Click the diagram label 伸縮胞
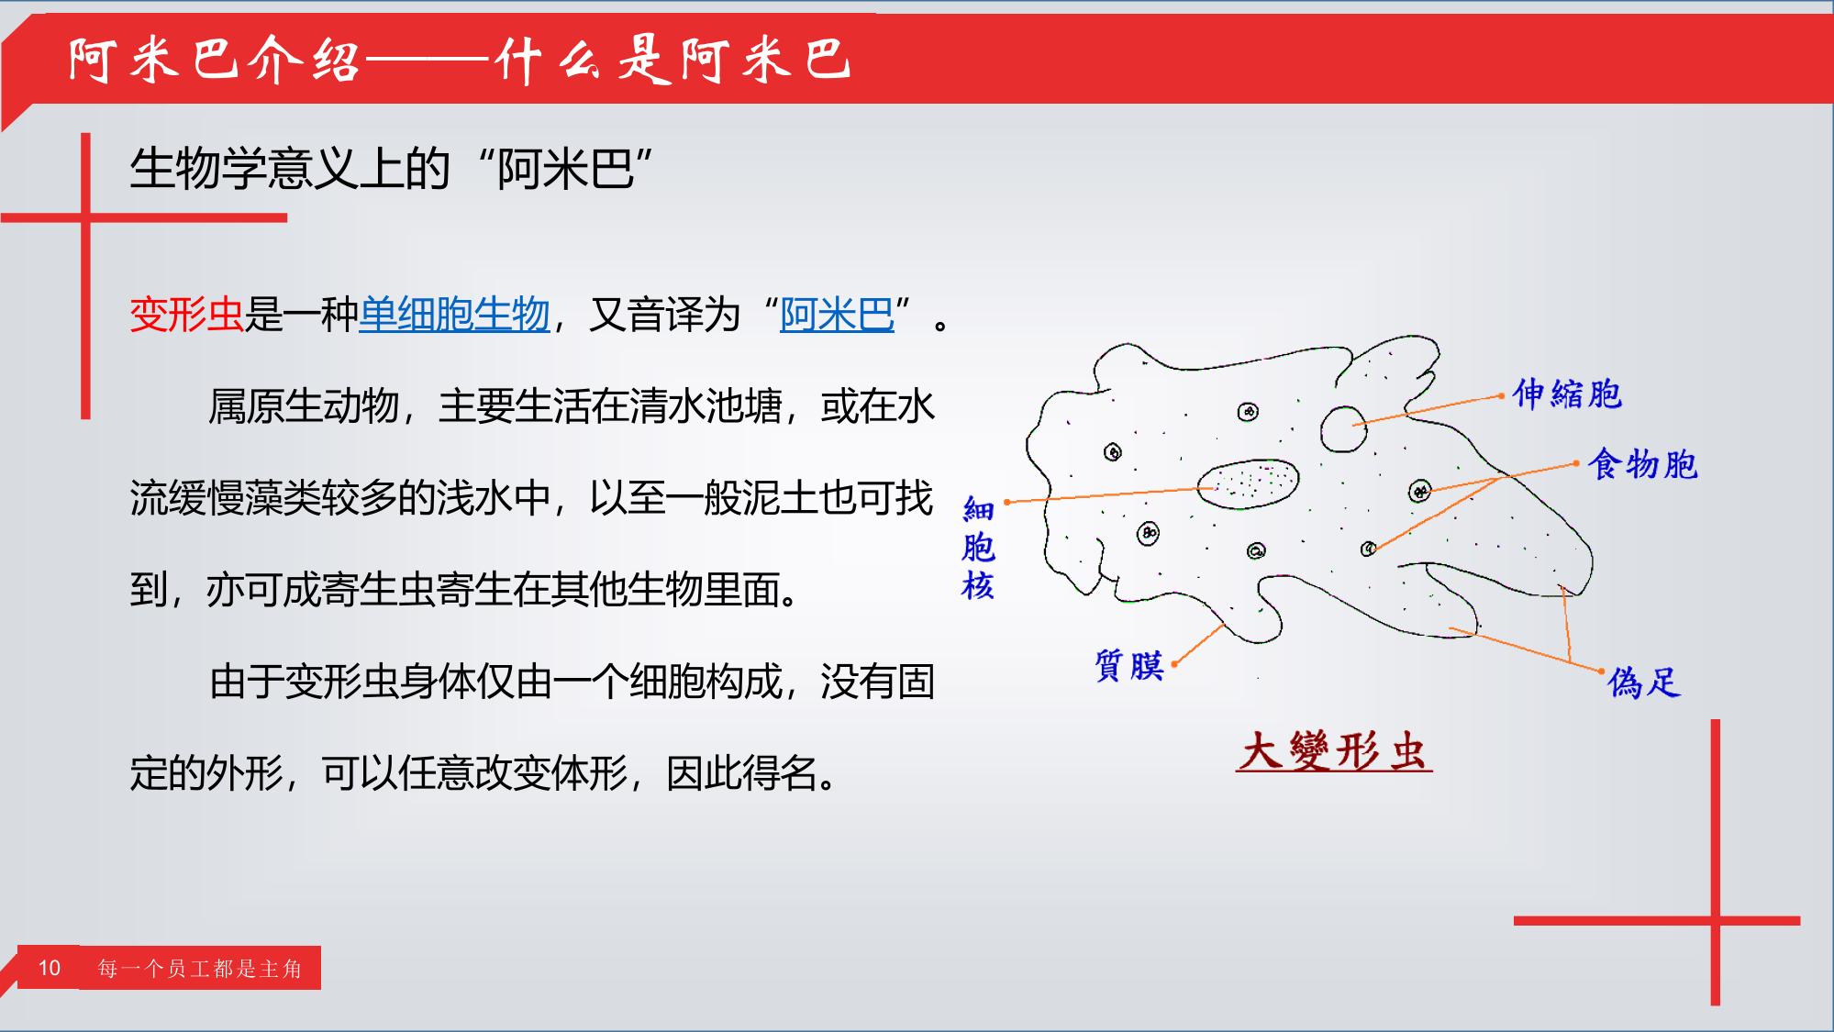(x=1567, y=394)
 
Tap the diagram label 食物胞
(x=1643, y=464)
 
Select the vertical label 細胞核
(x=978, y=548)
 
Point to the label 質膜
(x=1129, y=665)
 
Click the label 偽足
(x=1644, y=682)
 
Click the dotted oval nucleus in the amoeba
(x=1248, y=482)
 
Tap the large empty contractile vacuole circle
(x=1344, y=428)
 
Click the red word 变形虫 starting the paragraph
(x=186, y=315)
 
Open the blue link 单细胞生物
(x=454, y=315)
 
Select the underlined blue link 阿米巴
(x=837, y=315)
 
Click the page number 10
(x=50, y=968)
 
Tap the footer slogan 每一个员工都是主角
(x=200, y=969)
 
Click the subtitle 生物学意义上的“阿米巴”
(x=392, y=169)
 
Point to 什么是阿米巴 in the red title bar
(x=673, y=61)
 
